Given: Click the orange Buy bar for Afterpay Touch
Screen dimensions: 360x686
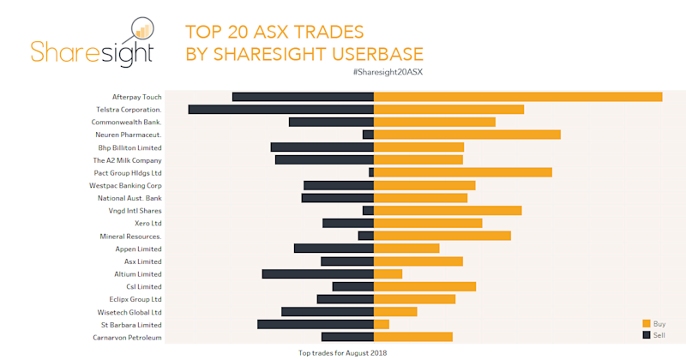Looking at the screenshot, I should coord(518,97).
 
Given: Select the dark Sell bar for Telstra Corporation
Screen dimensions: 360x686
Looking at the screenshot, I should coord(281,110).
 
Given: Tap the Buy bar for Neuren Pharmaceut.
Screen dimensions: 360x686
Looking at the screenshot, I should coord(467,135).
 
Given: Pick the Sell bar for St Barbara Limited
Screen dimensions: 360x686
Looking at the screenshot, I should coord(316,325).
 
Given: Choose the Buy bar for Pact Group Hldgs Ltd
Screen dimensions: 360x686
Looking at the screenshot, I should coord(463,172).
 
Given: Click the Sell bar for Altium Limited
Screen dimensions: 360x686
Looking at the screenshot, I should coord(318,274).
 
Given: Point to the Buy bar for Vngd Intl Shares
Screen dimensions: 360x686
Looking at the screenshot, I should coord(448,211).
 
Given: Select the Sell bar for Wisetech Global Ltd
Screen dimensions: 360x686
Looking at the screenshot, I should coord(328,312).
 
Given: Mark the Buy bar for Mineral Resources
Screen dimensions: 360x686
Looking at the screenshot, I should coord(442,236).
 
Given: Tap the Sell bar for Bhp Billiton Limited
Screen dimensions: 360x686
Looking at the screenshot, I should coord(322,147).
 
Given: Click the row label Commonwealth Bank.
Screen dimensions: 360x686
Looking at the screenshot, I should coord(127,122).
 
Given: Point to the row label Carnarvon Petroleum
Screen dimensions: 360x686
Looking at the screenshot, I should coord(127,338).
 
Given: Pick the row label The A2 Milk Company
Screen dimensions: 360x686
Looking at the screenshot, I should coord(127,160).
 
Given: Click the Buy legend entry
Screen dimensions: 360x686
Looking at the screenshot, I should coord(653,323).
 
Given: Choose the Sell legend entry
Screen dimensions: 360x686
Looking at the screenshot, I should coord(653,334).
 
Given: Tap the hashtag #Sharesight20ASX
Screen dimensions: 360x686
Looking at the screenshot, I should coord(388,72).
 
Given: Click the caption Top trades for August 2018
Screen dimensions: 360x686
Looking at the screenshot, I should coord(337,352).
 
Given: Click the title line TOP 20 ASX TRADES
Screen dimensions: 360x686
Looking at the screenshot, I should coord(274,32).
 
